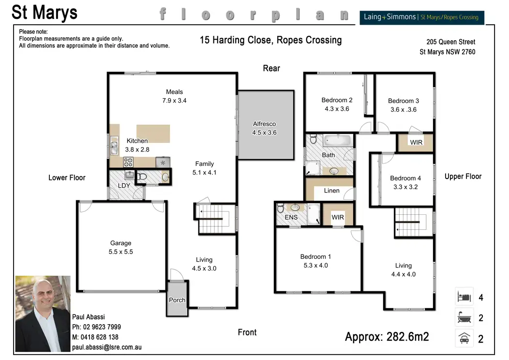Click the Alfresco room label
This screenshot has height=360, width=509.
[264, 124]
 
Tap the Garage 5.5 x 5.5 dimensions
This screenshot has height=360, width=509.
[121, 252]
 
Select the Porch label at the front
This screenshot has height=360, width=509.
[177, 300]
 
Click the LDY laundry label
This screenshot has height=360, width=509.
[124, 185]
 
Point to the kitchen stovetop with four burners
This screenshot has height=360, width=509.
[128, 162]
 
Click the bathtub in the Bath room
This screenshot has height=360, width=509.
[338, 140]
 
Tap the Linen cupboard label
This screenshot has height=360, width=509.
[331, 191]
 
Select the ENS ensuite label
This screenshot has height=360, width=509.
[291, 217]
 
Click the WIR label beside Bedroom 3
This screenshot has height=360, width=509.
[416, 142]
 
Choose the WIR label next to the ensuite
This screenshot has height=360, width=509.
[338, 217]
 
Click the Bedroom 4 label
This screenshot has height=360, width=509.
[405, 178]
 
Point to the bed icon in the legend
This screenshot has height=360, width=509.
[464, 297]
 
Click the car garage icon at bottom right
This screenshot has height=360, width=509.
[464, 338]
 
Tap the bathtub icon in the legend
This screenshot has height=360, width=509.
[464, 317]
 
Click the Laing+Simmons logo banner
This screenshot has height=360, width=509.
[422, 17]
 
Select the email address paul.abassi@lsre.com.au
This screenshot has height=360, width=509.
[107, 347]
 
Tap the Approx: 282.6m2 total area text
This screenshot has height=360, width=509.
[387, 337]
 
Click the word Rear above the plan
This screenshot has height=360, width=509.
[271, 68]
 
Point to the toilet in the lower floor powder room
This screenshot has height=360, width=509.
[142, 177]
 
